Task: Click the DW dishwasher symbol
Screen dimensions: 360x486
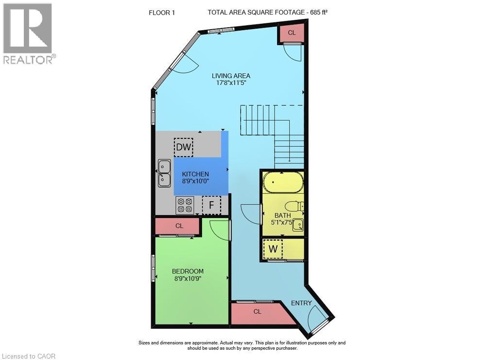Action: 184,147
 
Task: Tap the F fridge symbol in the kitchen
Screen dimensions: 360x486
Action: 211,205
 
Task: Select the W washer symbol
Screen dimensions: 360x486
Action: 273,250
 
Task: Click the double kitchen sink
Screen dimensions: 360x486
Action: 164,173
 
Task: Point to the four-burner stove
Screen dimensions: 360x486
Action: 185,205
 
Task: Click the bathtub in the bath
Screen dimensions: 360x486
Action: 283,184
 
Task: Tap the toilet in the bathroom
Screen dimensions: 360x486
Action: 294,207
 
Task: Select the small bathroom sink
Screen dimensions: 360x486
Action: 297,224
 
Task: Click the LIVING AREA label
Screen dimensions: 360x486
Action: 231,76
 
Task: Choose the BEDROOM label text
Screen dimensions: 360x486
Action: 188,271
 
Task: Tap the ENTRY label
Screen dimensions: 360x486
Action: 301,303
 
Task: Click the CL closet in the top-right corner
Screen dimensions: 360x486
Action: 292,33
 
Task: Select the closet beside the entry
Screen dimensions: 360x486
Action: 258,312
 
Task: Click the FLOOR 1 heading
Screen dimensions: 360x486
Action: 162,13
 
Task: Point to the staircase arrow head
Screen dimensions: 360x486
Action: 290,161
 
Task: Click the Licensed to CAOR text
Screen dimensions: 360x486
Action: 28,356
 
